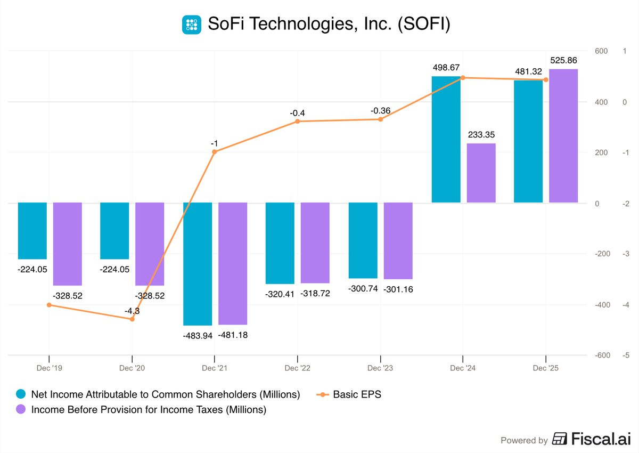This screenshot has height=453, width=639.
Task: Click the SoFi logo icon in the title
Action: pos(191,25)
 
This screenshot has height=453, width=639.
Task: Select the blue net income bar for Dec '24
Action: pos(446,140)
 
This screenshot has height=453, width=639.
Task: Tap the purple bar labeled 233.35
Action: pos(481,173)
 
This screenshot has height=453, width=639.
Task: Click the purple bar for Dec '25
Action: pos(563,136)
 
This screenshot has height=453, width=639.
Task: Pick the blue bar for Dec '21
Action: pos(198,264)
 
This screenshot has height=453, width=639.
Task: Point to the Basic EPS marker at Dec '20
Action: pos(132,319)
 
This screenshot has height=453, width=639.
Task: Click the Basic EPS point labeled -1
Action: pos(215,152)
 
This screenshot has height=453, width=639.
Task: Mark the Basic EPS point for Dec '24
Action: pos(463,78)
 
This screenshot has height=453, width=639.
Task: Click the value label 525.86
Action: pos(563,60)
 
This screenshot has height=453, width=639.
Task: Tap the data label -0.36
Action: pos(381,110)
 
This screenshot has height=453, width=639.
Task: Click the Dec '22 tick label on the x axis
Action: pos(297,368)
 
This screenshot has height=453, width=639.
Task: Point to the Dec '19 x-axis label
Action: pos(49,368)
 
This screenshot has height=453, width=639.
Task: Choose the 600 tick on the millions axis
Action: pos(601,51)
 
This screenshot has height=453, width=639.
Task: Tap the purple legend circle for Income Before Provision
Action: pos(21,409)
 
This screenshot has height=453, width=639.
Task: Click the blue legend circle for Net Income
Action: pos(21,394)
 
